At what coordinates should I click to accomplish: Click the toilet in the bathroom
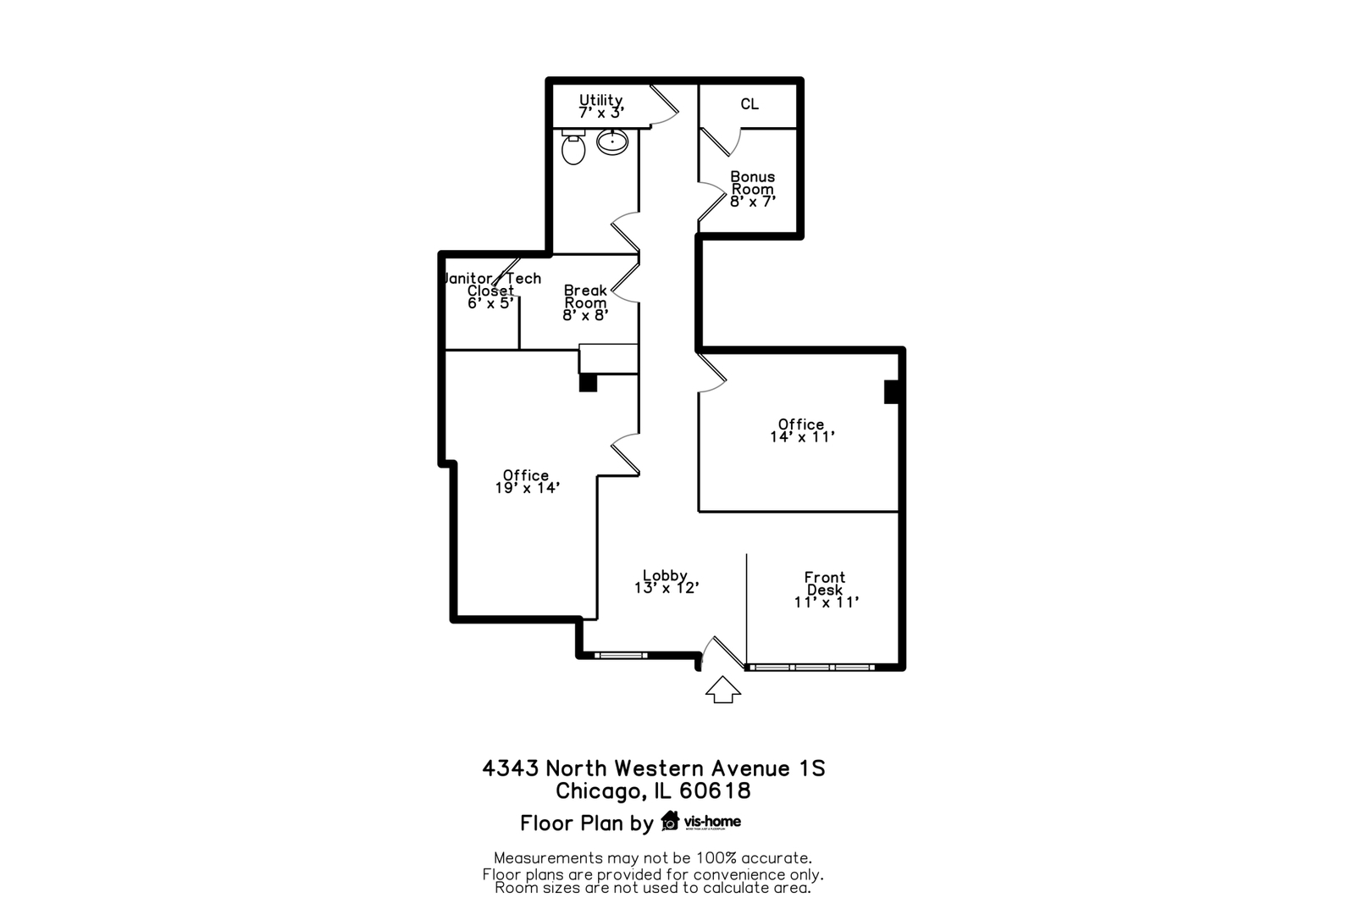(573, 149)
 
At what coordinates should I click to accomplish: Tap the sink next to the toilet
(611, 141)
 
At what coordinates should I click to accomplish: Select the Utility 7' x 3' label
(601, 106)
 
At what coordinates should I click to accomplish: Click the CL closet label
(750, 104)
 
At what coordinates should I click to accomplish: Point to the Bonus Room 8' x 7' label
(753, 189)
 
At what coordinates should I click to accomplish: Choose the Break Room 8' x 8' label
(585, 302)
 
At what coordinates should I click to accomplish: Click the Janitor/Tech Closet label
(491, 291)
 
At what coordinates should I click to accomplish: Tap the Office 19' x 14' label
(527, 481)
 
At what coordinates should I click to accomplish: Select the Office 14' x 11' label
(802, 430)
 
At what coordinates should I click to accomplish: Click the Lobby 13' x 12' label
(666, 581)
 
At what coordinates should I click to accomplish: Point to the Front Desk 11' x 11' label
(826, 590)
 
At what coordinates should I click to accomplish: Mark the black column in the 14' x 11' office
(890, 391)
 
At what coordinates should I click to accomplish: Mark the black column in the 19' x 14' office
(588, 382)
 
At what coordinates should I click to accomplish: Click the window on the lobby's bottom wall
(620, 655)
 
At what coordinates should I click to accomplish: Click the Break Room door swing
(626, 282)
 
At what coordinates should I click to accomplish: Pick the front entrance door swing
(719, 651)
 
